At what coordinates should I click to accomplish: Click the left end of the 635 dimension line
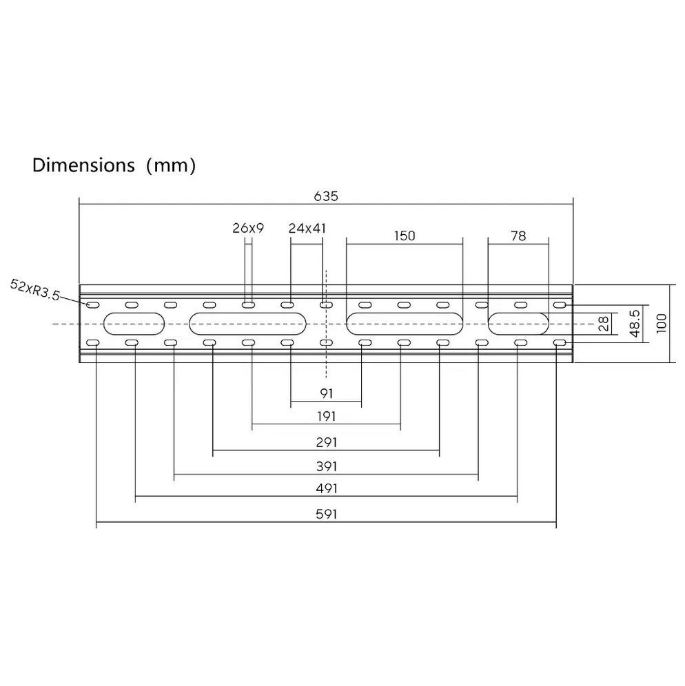point(79,203)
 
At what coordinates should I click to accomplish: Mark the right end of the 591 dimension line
point(556,522)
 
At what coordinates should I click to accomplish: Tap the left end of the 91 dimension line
point(291,401)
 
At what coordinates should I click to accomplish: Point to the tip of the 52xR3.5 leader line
point(89,304)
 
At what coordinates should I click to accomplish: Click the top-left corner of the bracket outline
point(79,285)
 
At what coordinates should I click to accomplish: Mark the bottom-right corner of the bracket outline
point(573,362)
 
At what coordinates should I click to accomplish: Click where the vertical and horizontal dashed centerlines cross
point(326,324)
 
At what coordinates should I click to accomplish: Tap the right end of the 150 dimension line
point(462,244)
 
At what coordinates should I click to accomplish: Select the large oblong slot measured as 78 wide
point(518,324)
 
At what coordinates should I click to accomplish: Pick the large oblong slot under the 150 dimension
point(405,324)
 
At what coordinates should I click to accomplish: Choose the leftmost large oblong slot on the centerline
point(134,324)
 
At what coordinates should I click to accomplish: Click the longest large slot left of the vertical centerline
point(247,324)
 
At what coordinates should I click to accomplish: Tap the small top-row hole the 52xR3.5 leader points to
point(93,304)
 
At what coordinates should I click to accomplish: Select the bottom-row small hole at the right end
point(560,343)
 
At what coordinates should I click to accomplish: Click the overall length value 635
point(326,196)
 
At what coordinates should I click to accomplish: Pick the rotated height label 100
point(662,323)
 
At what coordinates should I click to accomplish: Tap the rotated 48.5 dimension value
point(636,323)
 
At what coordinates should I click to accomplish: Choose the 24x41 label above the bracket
point(307,228)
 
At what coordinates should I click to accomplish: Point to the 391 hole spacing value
point(327,466)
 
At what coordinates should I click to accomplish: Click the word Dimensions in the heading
point(83,165)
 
